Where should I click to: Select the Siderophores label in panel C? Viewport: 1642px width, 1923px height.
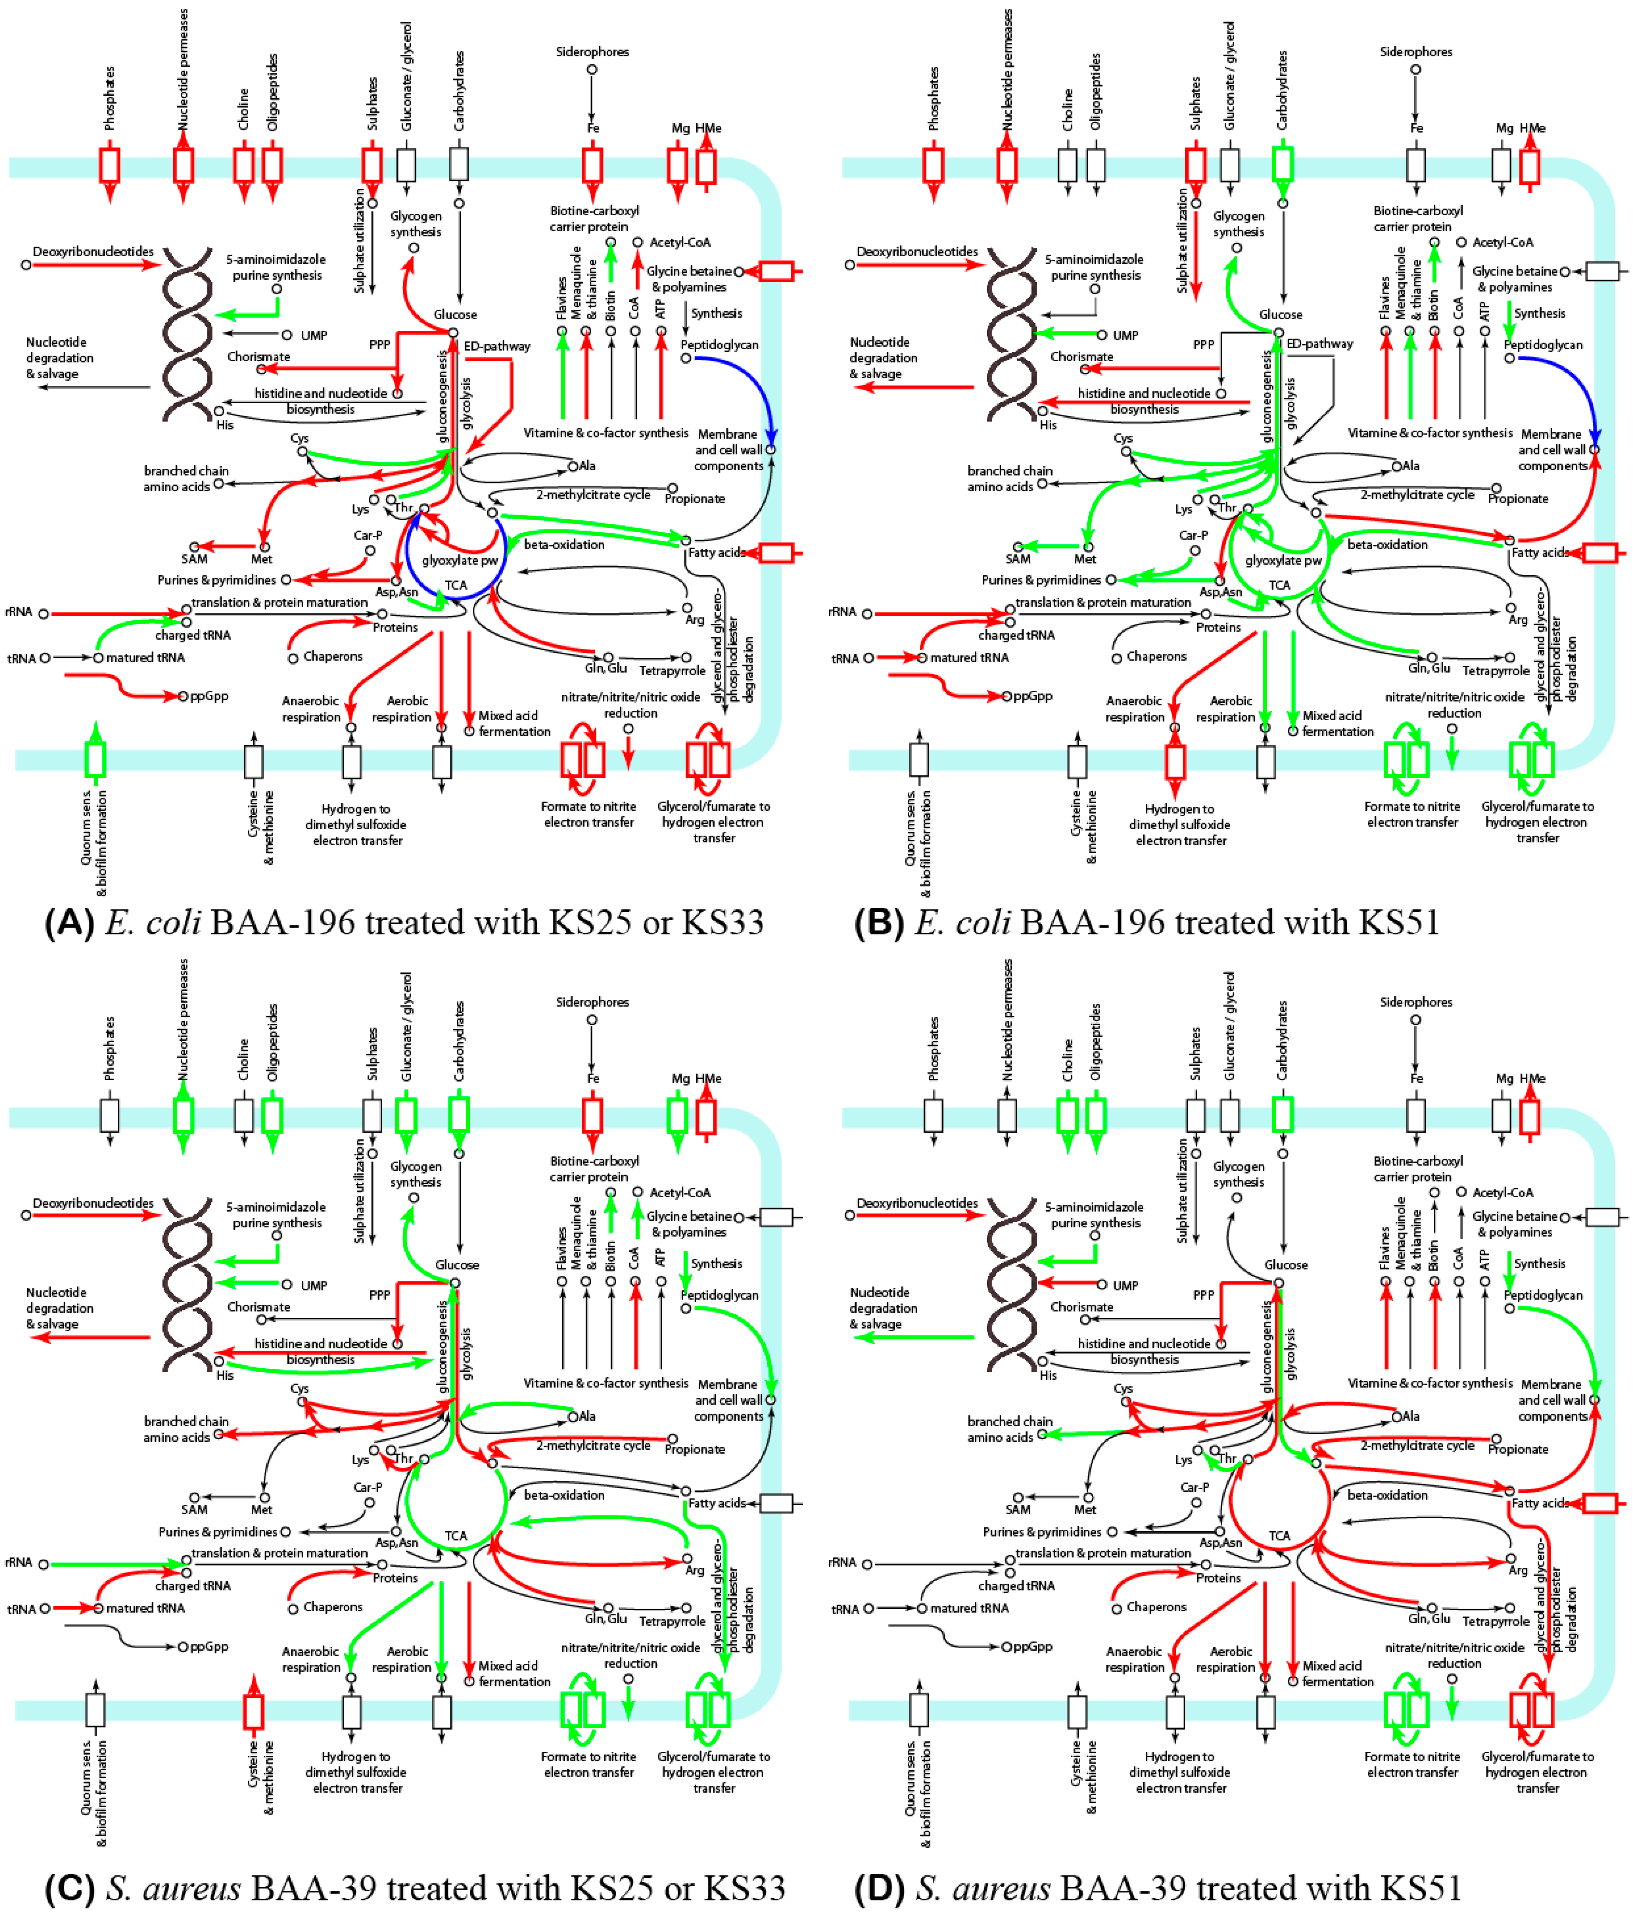coord(592,1002)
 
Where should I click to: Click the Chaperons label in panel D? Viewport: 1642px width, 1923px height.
coord(1156,1606)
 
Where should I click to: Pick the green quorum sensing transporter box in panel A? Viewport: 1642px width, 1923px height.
coord(95,759)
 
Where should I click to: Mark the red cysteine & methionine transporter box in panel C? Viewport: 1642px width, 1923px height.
coord(253,1710)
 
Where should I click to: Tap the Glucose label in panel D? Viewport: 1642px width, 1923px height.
coord(1286,1265)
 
